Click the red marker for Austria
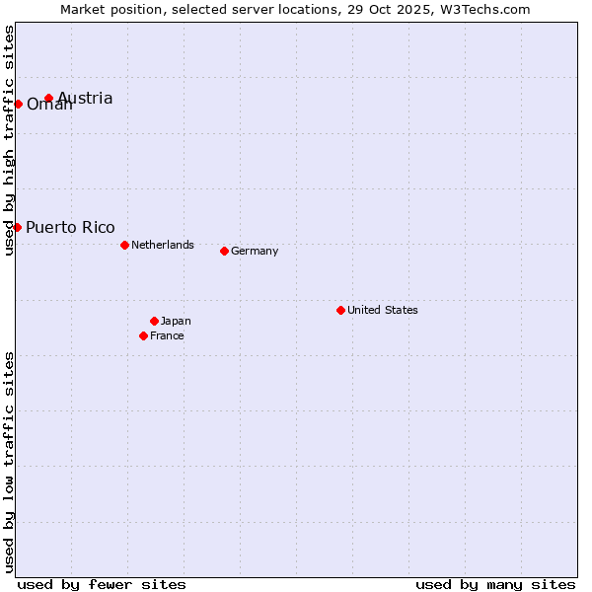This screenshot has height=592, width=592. (48, 98)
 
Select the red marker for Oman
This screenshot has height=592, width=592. (18, 104)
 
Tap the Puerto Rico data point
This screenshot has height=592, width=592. (17, 227)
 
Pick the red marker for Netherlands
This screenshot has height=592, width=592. (124, 245)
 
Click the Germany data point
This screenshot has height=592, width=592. (224, 251)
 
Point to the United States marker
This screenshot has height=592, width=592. (340, 310)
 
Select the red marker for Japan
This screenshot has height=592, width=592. (154, 321)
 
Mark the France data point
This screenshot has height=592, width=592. (143, 335)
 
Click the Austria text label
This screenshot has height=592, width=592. (85, 98)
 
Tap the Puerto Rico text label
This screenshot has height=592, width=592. (70, 227)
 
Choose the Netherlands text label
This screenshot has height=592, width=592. (163, 245)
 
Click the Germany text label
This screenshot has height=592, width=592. (255, 251)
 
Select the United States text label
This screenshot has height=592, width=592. (383, 310)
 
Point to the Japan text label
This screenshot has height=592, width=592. (176, 321)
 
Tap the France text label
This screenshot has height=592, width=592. (167, 335)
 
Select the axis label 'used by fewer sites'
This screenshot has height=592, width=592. (102, 584)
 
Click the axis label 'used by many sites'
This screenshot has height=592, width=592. (495, 584)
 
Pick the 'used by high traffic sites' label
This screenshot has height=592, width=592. (9, 140)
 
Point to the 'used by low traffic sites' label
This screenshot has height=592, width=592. (9, 461)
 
